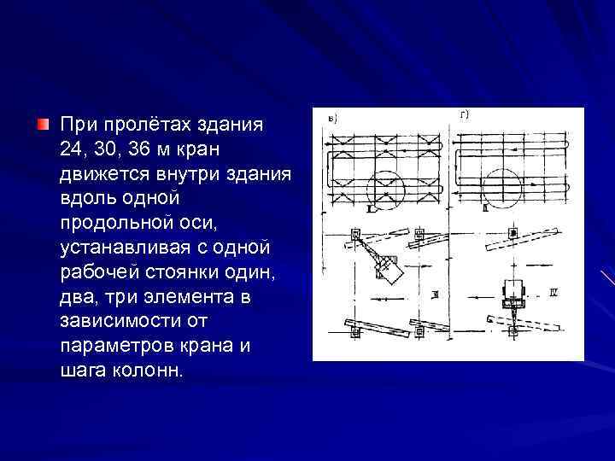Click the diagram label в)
(x=332, y=119)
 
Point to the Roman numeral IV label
(x=553, y=292)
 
